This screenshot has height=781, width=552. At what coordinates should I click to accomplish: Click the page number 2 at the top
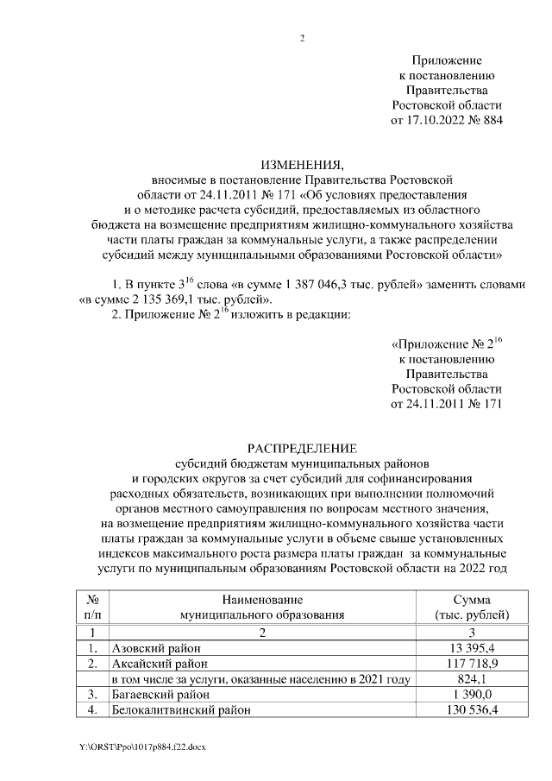coord(302,38)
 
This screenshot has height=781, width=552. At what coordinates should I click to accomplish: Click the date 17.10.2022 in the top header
coord(435,120)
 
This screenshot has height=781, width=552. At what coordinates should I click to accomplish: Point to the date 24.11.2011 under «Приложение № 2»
coord(435,403)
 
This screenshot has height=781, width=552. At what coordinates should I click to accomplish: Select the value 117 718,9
coord(472,664)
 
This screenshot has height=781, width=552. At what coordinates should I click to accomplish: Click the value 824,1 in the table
coord(472,679)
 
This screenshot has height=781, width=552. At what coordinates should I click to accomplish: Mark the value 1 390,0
coord(472,695)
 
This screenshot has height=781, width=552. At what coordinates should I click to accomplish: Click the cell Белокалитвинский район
coord(175,710)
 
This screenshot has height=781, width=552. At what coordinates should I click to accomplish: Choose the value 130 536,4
coord(472,710)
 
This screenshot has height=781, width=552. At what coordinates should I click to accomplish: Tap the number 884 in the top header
coord(488,120)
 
